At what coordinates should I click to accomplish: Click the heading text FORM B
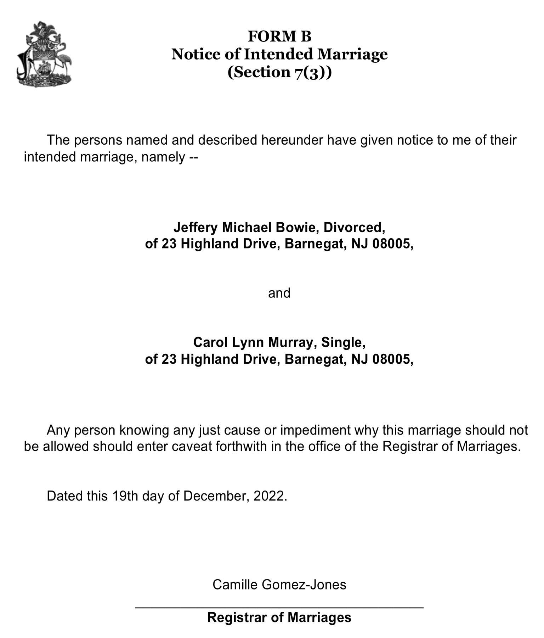coord(279,37)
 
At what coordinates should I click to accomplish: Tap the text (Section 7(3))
coord(279,72)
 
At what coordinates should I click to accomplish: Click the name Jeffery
coord(195,227)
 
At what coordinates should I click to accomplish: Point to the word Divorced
coord(354,227)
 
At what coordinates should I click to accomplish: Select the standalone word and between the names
coord(279,293)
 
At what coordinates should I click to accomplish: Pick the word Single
coord(343,342)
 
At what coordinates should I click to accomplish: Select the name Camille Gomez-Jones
coord(279,584)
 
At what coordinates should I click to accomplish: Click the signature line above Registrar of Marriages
coord(279,608)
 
